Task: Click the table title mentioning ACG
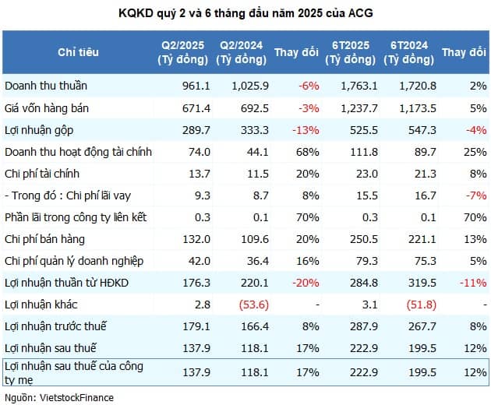click(245, 13)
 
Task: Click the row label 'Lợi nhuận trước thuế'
click(55, 326)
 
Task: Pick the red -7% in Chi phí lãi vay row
click(475, 195)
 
